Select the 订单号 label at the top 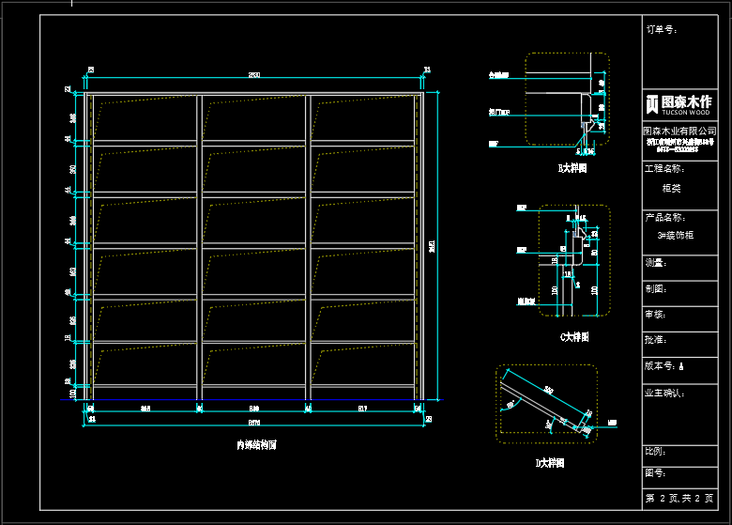tap(662, 30)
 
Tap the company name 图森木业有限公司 tap(685, 131)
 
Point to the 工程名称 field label tap(664, 169)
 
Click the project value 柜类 tap(672, 188)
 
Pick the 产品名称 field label tap(664, 218)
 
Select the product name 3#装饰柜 tap(676, 236)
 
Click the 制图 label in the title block tap(656, 289)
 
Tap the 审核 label tap(656, 315)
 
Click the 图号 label tap(656, 473)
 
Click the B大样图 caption tap(572, 169)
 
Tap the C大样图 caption tap(573, 336)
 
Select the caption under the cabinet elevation tap(256, 446)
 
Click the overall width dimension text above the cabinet tap(254, 74)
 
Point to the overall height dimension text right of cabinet tap(432, 246)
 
